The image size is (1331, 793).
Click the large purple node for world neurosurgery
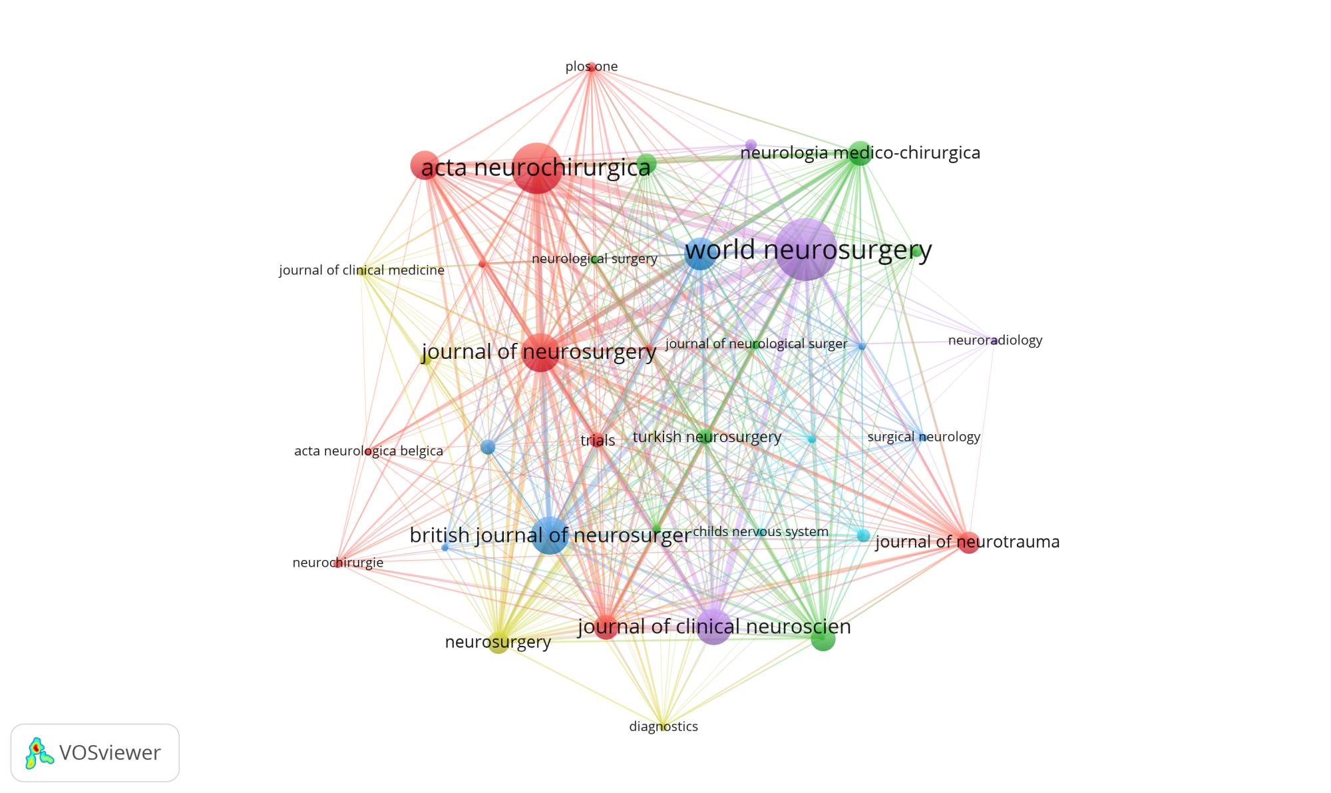tap(805, 249)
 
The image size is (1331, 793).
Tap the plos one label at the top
tap(592, 67)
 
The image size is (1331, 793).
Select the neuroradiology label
tap(995, 340)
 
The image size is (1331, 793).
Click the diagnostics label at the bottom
tap(664, 726)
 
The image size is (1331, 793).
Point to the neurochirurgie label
tap(337, 563)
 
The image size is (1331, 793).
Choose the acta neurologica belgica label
tap(369, 451)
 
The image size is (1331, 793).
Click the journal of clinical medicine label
tap(361, 270)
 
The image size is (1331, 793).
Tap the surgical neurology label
tap(924, 437)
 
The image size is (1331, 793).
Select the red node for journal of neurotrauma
tap(968, 543)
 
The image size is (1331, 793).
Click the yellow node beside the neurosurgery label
tap(498, 643)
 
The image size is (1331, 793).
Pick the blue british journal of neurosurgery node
tap(550, 535)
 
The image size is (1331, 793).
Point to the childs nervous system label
tap(761, 531)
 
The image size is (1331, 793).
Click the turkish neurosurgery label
tap(707, 437)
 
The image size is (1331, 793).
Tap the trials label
tap(598, 440)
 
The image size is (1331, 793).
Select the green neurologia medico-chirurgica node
tap(860, 153)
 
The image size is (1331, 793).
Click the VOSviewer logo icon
tap(39, 752)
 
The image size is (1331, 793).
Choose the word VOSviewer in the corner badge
tap(110, 752)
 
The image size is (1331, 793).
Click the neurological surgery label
tap(594, 258)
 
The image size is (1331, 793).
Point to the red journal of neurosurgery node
tap(542, 352)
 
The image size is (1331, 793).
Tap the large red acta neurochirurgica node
tap(537, 168)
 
